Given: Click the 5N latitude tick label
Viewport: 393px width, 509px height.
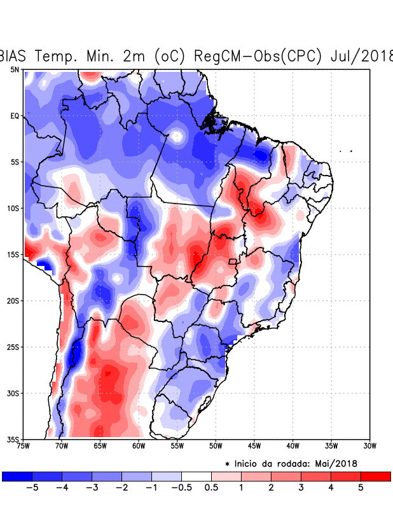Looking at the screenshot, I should tap(14, 69).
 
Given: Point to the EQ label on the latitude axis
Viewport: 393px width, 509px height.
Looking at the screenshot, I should tap(14, 116).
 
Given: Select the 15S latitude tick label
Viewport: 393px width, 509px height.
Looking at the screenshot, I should tap(13, 254).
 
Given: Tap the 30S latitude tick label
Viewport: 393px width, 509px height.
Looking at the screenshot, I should tap(13, 393).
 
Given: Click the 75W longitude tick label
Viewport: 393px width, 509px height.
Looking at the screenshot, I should tap(24, 445).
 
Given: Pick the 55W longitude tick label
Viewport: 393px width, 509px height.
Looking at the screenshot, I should tap(177, 445).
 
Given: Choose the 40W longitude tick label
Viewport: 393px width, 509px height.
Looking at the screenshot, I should tap(293, 445).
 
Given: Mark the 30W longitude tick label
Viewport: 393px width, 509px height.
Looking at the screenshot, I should tap(369, 445).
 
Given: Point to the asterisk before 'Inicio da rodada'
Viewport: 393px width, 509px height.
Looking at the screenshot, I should tap(227, 464).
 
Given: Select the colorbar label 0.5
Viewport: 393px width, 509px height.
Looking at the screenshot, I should tap(211, 488).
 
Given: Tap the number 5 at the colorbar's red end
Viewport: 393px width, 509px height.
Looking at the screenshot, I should tap(361, 488).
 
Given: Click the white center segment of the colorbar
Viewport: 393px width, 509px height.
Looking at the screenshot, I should tap(196, 476).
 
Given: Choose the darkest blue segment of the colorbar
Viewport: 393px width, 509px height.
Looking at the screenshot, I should tap(17, 476).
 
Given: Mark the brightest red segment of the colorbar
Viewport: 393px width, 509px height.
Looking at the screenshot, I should tap(375, 476).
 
